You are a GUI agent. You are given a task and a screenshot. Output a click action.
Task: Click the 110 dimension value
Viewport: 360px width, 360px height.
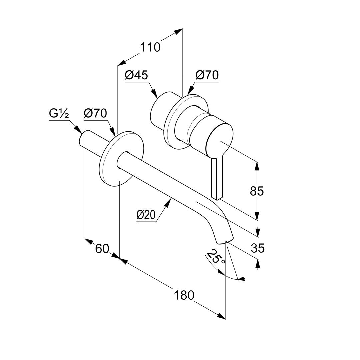(150, 47)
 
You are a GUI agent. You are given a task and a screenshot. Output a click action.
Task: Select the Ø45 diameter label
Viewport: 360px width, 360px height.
(136, 75)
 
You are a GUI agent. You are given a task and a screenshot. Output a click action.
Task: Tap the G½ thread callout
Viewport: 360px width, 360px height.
(59, 113)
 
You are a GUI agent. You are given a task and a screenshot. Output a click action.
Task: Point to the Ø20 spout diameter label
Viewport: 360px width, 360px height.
(146, 215)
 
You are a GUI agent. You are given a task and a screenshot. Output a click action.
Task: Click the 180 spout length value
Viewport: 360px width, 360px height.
(184, 295)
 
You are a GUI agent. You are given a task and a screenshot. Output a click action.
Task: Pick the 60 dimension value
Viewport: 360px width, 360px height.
(102, 249)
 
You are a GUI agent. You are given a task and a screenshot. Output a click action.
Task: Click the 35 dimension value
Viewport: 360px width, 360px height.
(258, 248)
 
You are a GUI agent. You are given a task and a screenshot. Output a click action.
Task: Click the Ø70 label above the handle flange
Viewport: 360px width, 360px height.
(207, 75)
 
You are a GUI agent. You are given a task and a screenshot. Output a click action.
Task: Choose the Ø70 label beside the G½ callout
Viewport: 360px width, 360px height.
(95, 113)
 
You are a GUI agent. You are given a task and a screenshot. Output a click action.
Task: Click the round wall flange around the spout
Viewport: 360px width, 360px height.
(122, 158)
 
